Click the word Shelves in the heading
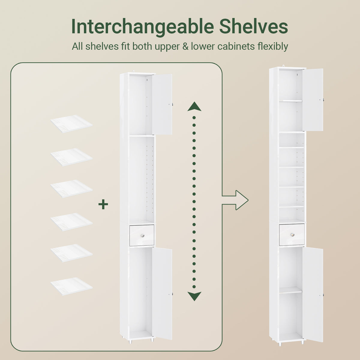253,26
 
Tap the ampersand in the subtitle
185,46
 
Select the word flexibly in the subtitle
273,46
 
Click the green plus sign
103,204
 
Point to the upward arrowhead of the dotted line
194,106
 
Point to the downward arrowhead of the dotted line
194,296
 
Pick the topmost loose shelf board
72,124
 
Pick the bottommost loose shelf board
72,286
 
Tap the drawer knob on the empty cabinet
142,235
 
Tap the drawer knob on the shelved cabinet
292,235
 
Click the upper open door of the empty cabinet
162,104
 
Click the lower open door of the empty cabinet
162,293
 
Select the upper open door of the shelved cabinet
313,100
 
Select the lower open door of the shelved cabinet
313,294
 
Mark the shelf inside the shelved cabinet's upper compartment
291,101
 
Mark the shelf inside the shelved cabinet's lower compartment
291,290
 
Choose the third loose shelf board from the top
72,189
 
